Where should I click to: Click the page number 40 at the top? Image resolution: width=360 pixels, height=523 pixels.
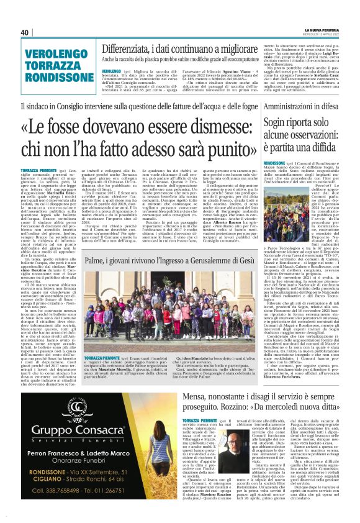[25, 32]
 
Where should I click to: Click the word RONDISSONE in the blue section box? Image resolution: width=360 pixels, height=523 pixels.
[46, 78]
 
